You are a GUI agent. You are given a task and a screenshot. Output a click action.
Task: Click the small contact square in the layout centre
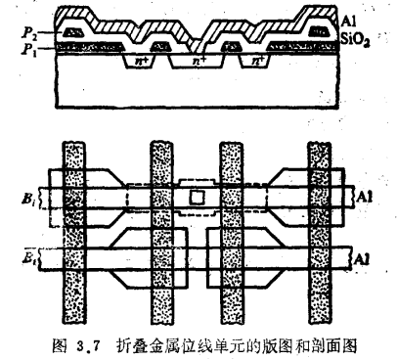coord(198,198)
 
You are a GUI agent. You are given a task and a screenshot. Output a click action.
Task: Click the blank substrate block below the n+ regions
coord(196,88)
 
